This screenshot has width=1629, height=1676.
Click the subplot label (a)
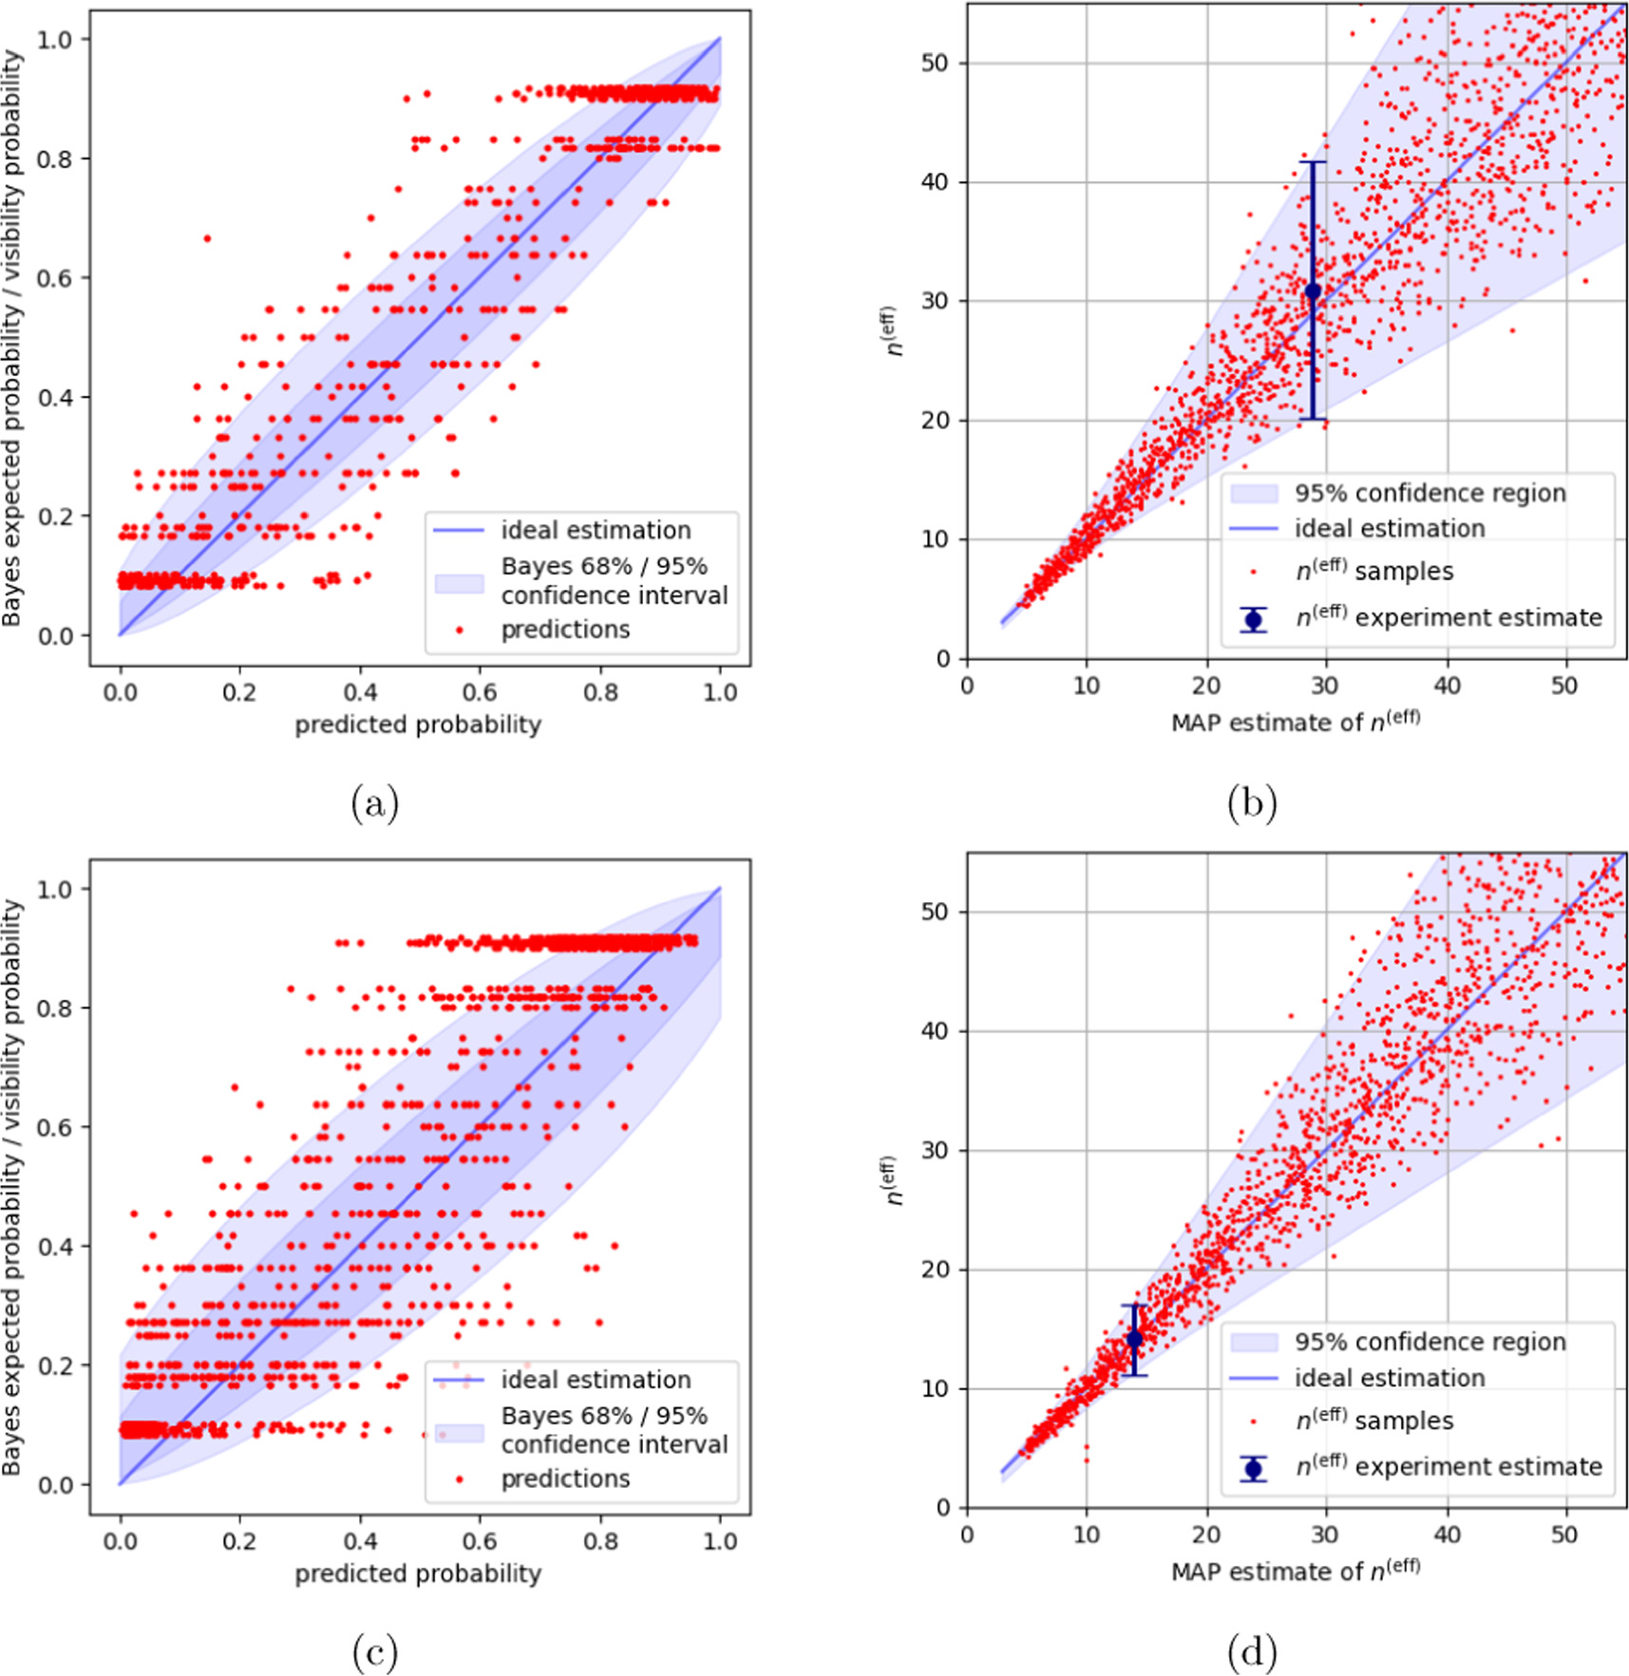coord(374,804)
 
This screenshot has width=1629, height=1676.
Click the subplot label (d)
coord(1251,1653)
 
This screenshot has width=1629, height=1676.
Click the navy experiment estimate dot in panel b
coord(1313,292)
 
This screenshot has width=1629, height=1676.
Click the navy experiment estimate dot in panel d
coord(1134,1339)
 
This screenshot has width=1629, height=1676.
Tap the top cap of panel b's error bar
coord(1313,162)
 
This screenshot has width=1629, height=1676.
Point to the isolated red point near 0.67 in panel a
coord(207,238)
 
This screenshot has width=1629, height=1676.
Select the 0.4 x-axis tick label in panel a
coord(360,691)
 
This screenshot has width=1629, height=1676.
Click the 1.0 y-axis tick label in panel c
coord(55,889)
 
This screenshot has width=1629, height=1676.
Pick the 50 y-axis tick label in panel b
coord(935,63)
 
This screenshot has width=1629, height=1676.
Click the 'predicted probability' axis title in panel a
coord(418,725)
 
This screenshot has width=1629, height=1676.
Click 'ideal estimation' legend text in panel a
coord(596,530)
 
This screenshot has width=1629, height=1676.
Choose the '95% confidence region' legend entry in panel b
coord(1430,493)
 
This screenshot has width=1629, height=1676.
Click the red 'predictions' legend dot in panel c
coord(460,1478)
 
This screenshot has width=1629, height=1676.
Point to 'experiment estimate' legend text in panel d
coord(1478,1466)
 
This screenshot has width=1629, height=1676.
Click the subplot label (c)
coord(374,1653)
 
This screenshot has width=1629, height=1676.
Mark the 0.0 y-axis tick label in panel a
coord(55,636)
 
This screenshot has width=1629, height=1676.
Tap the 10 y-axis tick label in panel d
coord(935,1388)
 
